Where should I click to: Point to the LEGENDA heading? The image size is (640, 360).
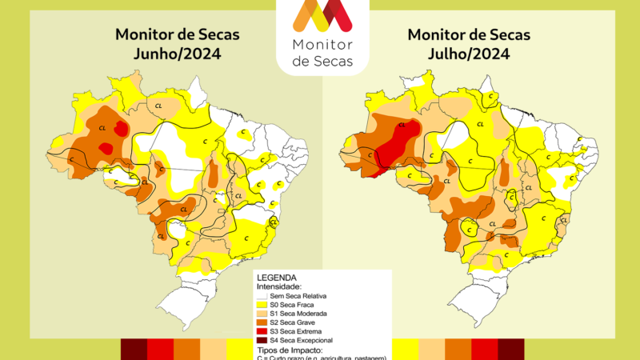tap(276, 278)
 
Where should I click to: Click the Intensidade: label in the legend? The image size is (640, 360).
tap(278, 286)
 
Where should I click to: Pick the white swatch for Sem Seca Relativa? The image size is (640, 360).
tap(262, 296)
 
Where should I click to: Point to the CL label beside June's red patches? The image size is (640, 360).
tap(102, 128)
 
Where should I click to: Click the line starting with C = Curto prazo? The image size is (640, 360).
tap(320, 357)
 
